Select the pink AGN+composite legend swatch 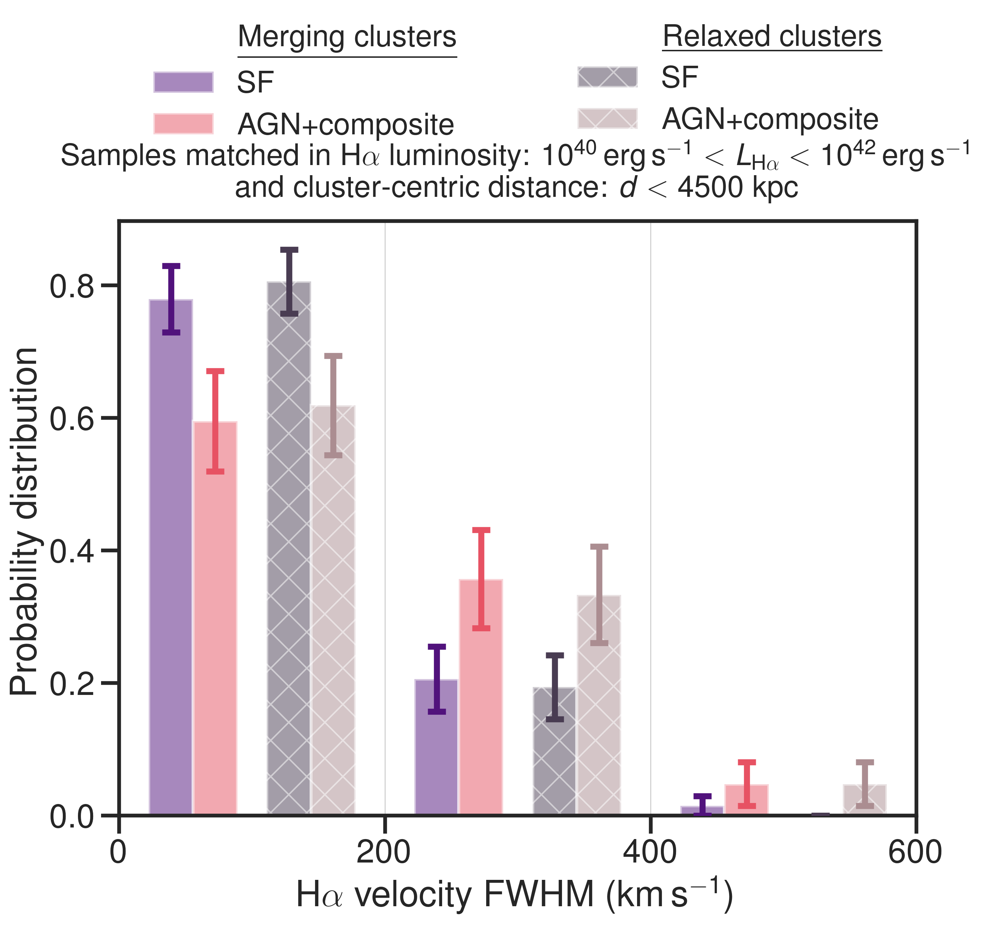click(183, 124)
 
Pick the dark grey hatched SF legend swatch click(607, 77)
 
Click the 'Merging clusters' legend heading click(347, 37)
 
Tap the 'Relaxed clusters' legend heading click(772, 37)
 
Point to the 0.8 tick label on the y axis click(72, 286)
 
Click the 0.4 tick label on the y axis click(72, 551)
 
